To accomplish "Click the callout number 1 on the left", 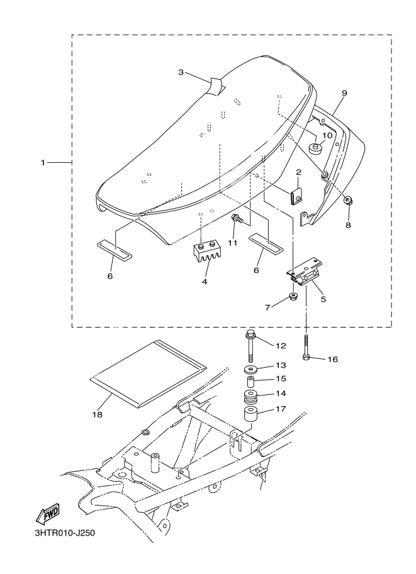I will [43, 163].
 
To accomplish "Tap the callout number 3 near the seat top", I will [181, 72].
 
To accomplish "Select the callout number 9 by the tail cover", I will [344, 93].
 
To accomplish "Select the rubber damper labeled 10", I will [315, 149].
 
